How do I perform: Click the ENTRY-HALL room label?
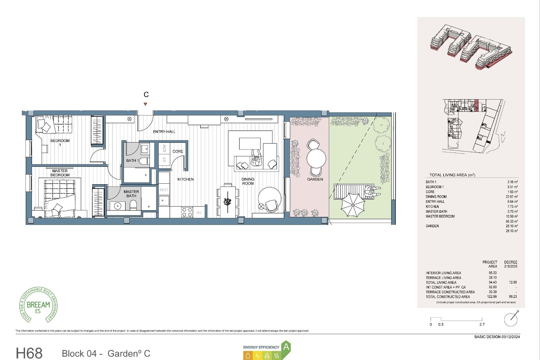164,132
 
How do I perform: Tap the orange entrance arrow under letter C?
145,104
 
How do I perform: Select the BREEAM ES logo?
38,305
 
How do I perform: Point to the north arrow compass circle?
511,319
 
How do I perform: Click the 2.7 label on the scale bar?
482,325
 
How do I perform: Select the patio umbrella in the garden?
353,205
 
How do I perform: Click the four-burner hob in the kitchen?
187,212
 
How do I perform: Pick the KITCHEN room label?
185,179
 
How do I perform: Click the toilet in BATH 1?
145,161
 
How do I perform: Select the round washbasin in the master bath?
118,206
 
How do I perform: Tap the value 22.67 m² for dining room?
512,197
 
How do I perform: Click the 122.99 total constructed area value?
492,296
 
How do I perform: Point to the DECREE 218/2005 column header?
510,264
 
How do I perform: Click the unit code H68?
29,353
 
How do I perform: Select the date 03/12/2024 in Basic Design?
510,337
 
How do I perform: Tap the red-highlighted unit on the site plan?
476,105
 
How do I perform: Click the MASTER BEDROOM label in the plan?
60,173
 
